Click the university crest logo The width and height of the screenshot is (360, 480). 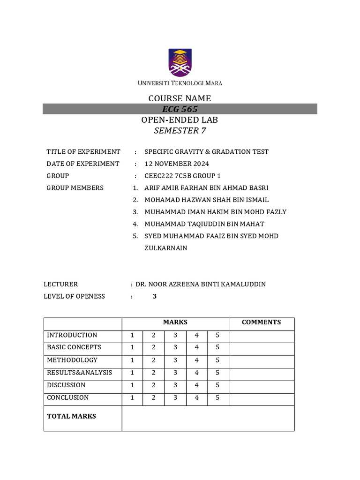point(180,63)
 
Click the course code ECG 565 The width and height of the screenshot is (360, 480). point(180,109)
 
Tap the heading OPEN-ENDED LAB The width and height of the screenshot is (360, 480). point(180,120)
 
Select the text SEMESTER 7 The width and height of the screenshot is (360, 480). point(180,131)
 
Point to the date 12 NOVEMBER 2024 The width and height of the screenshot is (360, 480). point(177,164)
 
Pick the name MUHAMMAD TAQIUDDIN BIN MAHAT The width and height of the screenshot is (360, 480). point(204,224)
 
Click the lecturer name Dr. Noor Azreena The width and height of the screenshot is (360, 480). point(200,284)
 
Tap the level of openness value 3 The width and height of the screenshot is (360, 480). point(155,296)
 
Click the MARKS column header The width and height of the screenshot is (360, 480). point(175,322)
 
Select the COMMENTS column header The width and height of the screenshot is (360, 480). point(261,322)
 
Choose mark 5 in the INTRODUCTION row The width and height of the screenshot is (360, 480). point(217,335)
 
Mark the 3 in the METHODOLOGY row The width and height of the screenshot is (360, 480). point(175,360)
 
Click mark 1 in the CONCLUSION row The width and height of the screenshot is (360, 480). point(133,397)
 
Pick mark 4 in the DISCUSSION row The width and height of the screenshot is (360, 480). point(197,385)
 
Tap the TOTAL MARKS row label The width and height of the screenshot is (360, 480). point(71,416)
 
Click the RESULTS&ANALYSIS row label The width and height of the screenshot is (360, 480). point(79,373)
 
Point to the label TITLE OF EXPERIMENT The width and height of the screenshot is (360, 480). point(83,152)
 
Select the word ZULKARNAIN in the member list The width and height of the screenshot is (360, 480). point(165,248)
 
